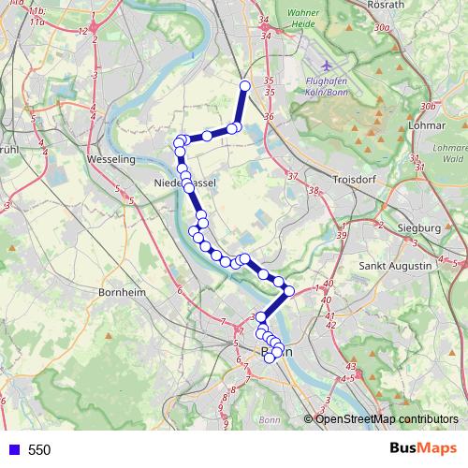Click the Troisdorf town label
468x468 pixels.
point(355,177)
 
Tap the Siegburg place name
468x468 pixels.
point(419,227)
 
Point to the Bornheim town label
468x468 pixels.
point(123,292)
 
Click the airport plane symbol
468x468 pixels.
point(325,66)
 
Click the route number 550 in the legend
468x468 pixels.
point(39,450)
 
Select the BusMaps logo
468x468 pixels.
point(423,449)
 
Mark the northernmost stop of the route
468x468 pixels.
point(245,86)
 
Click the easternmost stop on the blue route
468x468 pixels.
point(289,291)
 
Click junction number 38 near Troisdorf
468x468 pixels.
point(314,191)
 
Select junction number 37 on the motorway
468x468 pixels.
point(292,176)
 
